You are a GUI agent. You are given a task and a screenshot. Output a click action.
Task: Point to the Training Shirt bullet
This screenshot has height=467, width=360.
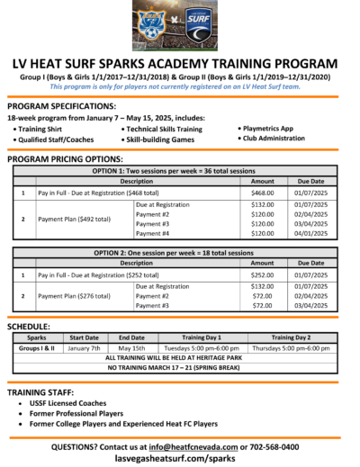pyautogui.click(x=48, y=130)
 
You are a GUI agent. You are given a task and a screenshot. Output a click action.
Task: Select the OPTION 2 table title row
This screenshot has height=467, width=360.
pyautogui.click(x=180, y=253)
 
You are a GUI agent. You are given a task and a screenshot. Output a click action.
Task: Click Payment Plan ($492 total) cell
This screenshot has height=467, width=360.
pyautogui.click(x=74, y=219)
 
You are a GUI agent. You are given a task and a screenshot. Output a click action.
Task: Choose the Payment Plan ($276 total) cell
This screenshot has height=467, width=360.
pyautogui.click(x=74, y=295)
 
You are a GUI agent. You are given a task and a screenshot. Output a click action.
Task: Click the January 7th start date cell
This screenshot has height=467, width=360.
pyautogui.click(x=83, y=347)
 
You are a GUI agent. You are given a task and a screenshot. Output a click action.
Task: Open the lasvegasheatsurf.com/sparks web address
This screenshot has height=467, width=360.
pyautogui.click(x=180, y=458)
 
